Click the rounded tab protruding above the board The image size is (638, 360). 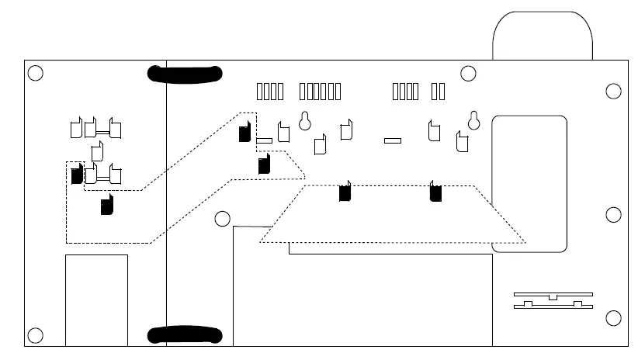(x=543, y=35)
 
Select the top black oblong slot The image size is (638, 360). (x=185, y=74)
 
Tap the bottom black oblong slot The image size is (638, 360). (x=185, y=335)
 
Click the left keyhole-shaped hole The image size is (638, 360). (x=305, y=120)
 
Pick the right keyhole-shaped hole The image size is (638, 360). (x=473, y=120)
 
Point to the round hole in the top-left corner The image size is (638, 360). (x=35, y=74)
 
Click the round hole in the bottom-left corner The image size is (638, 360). (x=35, y=336)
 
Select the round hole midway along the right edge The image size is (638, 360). (x=613, y=215)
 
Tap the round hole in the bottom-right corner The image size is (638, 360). (x=613, y=318)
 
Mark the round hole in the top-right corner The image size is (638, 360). (x=613, y=92)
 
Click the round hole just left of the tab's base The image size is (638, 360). (x=468, y=74)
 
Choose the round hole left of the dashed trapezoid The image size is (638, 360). (x=223, y=219)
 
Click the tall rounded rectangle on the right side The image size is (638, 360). (x=529, y=183)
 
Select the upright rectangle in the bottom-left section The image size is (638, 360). (x=96, y=299)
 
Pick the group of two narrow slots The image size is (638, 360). (x=438, y=92)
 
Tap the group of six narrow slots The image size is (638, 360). (x=320, y=92)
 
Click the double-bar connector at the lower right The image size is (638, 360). (x=553, y=301)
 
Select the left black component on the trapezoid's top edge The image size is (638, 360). (x=345, y=192)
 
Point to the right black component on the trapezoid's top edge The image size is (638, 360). (x=435, y=192)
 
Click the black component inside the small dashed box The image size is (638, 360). (x=76, y=175)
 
